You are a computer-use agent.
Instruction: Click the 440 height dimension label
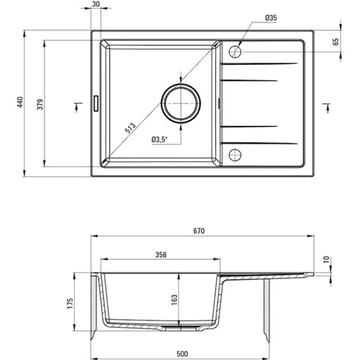point(21,102)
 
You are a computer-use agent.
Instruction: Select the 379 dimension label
point(40,104)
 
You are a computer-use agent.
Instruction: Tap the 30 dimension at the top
point(96,4)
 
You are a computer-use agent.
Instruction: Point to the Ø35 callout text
point(271,18)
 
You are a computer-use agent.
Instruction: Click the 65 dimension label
point(336,42)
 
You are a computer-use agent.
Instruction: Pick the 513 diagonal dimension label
point(130,128)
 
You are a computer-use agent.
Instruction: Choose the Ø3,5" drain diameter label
point(159,140)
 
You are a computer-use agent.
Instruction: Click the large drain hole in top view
point(181,103)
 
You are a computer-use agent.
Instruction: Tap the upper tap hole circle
point(235,52)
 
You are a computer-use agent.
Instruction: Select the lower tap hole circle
point(235,155)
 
